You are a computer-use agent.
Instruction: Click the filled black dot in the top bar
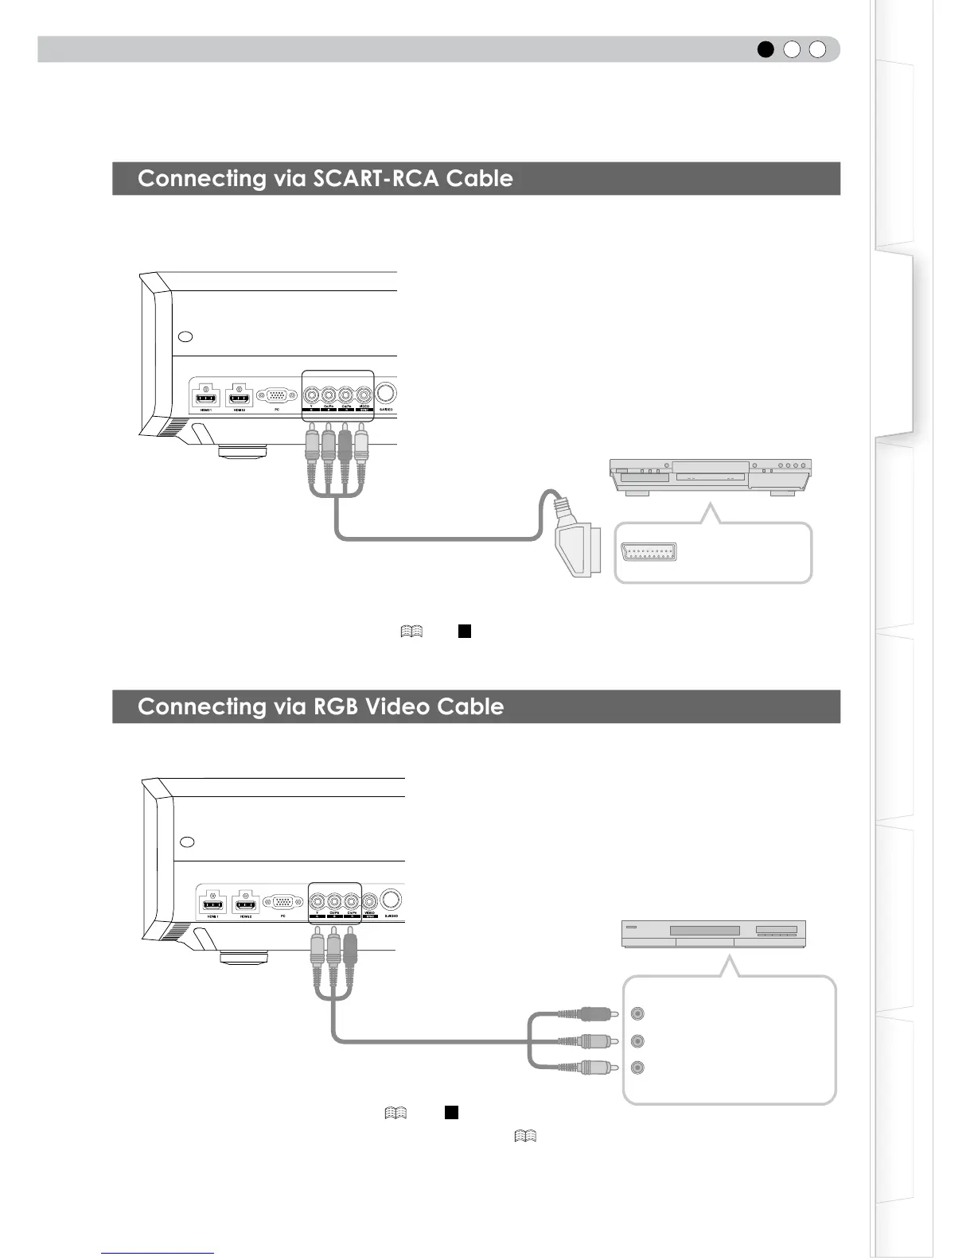(x=766, y=49)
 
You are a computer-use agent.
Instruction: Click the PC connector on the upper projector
(x=276, y=395)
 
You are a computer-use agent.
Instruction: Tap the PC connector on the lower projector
(x=282, y=902)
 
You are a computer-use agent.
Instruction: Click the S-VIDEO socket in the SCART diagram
(x=387, y=394)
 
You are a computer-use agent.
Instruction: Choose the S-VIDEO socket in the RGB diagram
(x=392, y=900)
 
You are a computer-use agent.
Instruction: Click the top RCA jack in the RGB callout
(x=637, y=1013)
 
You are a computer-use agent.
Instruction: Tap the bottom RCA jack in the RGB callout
(x=637, y=1067)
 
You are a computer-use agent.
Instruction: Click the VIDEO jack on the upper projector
(x=364, y=394)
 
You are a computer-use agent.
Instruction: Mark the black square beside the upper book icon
(x=465, y=632)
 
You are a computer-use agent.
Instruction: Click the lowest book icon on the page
(x=525, y=1136)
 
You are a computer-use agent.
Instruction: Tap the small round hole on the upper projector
(x=185, y=336)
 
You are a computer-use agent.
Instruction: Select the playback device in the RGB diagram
(x=713, y=933)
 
